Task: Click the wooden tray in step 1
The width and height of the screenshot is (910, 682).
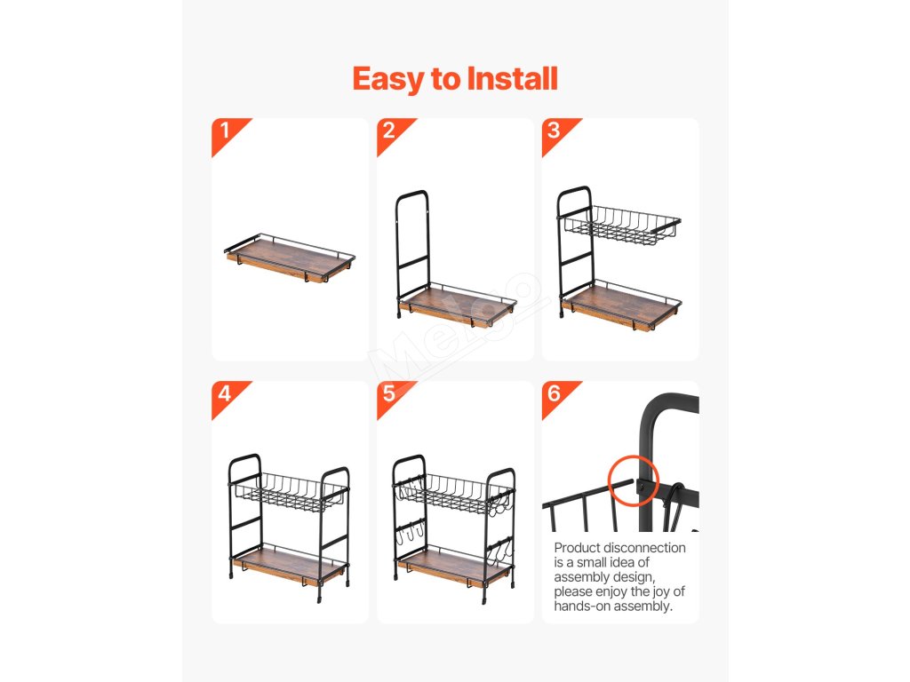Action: (290, 258)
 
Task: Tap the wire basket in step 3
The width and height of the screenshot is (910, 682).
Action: (622, 225)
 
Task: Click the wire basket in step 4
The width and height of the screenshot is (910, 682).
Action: (289, 493)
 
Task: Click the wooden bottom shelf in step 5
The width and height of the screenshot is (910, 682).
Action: (454, 567)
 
